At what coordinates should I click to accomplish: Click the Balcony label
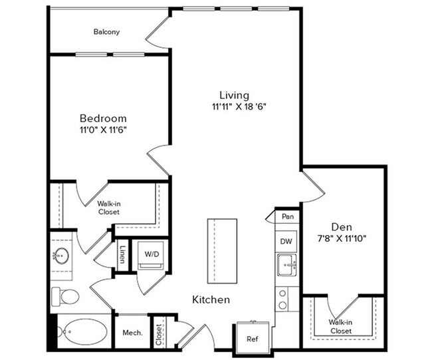(106, 32)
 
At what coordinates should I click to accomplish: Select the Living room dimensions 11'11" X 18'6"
(239, 106)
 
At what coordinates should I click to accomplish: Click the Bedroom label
(102, 118)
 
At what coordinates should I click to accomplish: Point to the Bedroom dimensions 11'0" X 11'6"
(103, 130)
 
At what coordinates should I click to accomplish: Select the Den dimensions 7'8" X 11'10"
(342, 237)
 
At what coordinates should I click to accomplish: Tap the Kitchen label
(211, 300)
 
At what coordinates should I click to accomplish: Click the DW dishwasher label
(286, 241)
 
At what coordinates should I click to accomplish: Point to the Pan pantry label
(288, 217)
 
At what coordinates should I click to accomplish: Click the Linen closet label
(122, 255)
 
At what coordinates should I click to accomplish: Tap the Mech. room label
(131, 332)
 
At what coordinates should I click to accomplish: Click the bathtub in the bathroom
(82, 330)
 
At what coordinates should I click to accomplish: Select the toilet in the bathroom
(64, 294)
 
